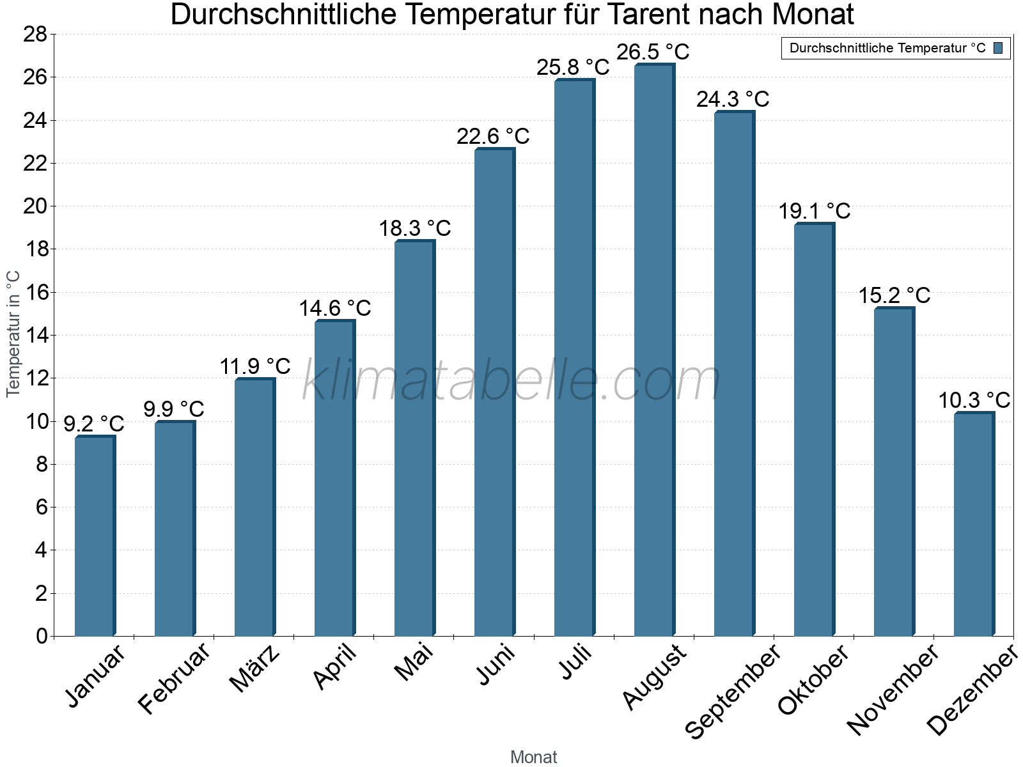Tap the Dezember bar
coord(973,524)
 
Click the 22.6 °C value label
coord(493,136)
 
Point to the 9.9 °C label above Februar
coord(173,408)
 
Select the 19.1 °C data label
coord(814,211)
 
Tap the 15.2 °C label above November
coord(894,295)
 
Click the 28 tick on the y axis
coord(35,34)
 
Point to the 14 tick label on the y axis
coord(35,335)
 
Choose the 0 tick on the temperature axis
coord(42,636)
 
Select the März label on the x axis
coord(254,669)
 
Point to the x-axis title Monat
coord(533,757)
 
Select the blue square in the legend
coord(999,48)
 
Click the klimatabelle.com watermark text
coord(511,381)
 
